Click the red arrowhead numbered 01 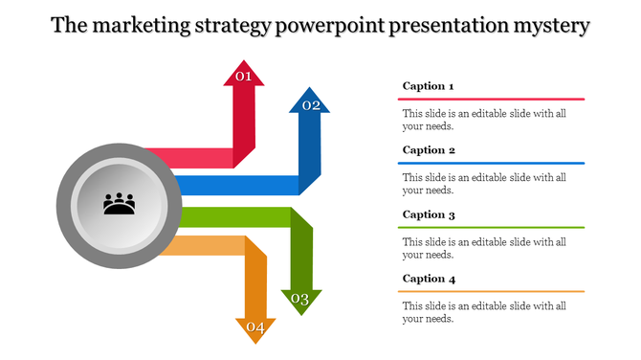243,75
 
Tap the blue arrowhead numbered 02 310,103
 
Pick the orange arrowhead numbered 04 255,328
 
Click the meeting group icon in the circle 119,204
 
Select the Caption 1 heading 428,86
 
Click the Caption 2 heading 428,150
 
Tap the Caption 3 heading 428,214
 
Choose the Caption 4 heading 428,279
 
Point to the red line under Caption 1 491,99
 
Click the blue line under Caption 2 491,163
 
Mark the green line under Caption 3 491,227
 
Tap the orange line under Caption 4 491,291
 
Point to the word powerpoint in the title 328,26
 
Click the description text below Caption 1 484,119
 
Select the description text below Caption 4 484,312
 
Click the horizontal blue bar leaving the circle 239,185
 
